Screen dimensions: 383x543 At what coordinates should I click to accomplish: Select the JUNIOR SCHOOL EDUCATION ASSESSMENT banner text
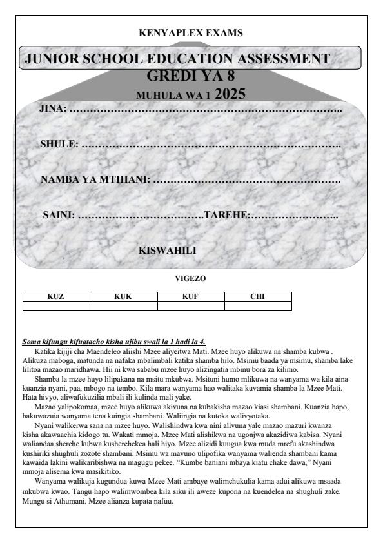coord(177,59)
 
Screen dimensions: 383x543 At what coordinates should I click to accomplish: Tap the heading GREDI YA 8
coord(191,77)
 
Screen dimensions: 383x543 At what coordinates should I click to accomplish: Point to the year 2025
coord(230,94)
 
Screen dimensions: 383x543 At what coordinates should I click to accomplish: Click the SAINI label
coord(59,214)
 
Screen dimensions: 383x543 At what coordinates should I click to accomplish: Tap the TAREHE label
coord(226,214)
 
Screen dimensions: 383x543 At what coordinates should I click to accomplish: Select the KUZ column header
coord(56,296)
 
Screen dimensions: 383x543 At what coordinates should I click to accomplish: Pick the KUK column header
coord(123,296)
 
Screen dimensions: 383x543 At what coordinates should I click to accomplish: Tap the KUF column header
coord(190,296)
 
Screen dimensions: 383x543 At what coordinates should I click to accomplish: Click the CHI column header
coord(258,296)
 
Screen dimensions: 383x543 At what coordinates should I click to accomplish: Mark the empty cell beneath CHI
coord(258,306)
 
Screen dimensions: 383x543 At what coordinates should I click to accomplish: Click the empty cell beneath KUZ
coord(56,306)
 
